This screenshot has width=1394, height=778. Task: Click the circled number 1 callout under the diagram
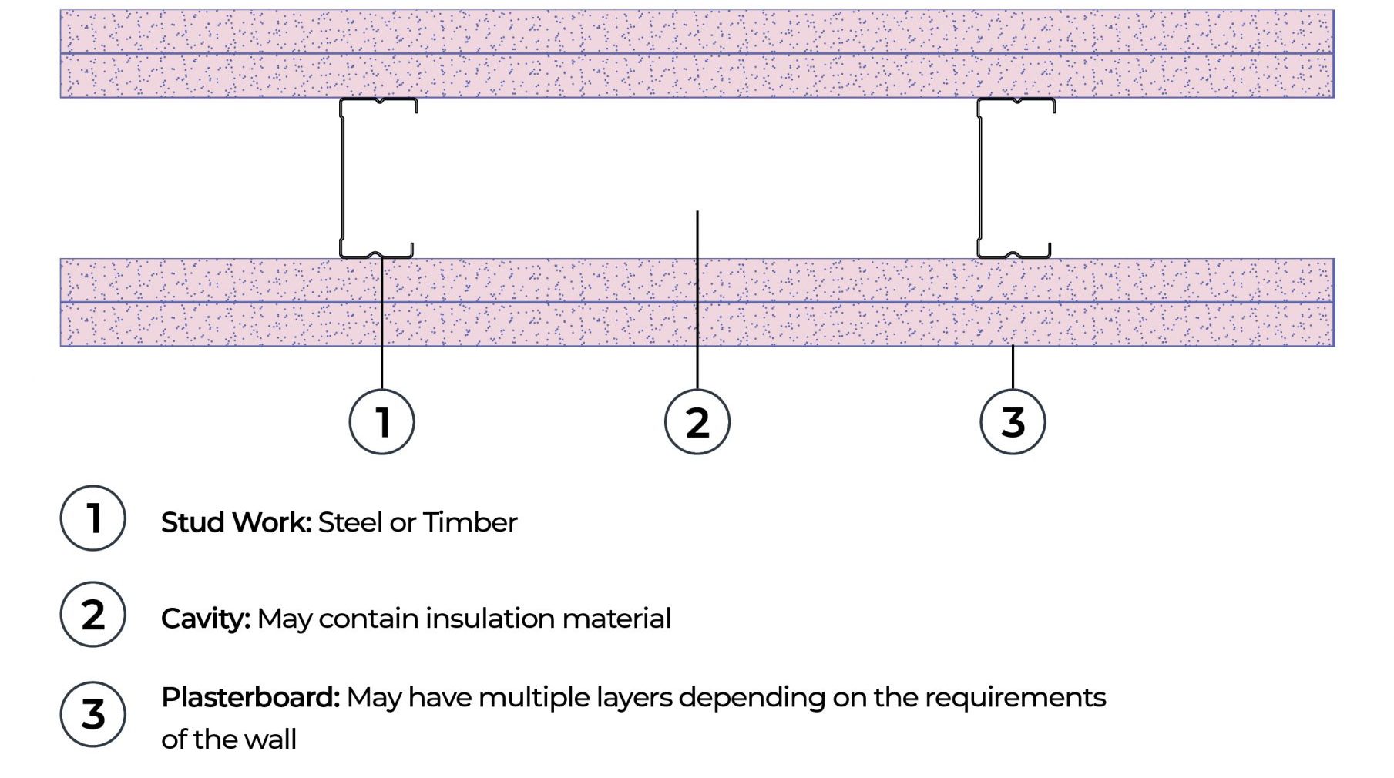[381, 422]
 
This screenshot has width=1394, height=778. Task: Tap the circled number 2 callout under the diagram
[697, 422]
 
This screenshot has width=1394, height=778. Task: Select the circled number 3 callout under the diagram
[1013, 422]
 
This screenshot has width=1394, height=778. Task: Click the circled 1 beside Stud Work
[92, 518]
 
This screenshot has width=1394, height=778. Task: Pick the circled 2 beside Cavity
[92, 614]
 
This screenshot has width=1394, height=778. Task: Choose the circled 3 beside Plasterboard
[92, 714]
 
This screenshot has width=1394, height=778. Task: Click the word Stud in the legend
[193, 522]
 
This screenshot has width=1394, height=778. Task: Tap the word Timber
[470, 522]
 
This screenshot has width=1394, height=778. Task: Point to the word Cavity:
[206, 619]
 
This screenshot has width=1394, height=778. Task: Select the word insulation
[489, 619]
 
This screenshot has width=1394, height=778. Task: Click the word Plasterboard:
[250, 697]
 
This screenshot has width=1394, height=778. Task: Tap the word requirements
[1015, 698]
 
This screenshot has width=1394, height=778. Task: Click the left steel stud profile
[343, 177]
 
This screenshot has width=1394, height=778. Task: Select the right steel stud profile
[980, 177]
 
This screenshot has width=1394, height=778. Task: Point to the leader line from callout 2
[697, 300]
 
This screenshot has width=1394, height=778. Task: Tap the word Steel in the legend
[350, 522]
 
